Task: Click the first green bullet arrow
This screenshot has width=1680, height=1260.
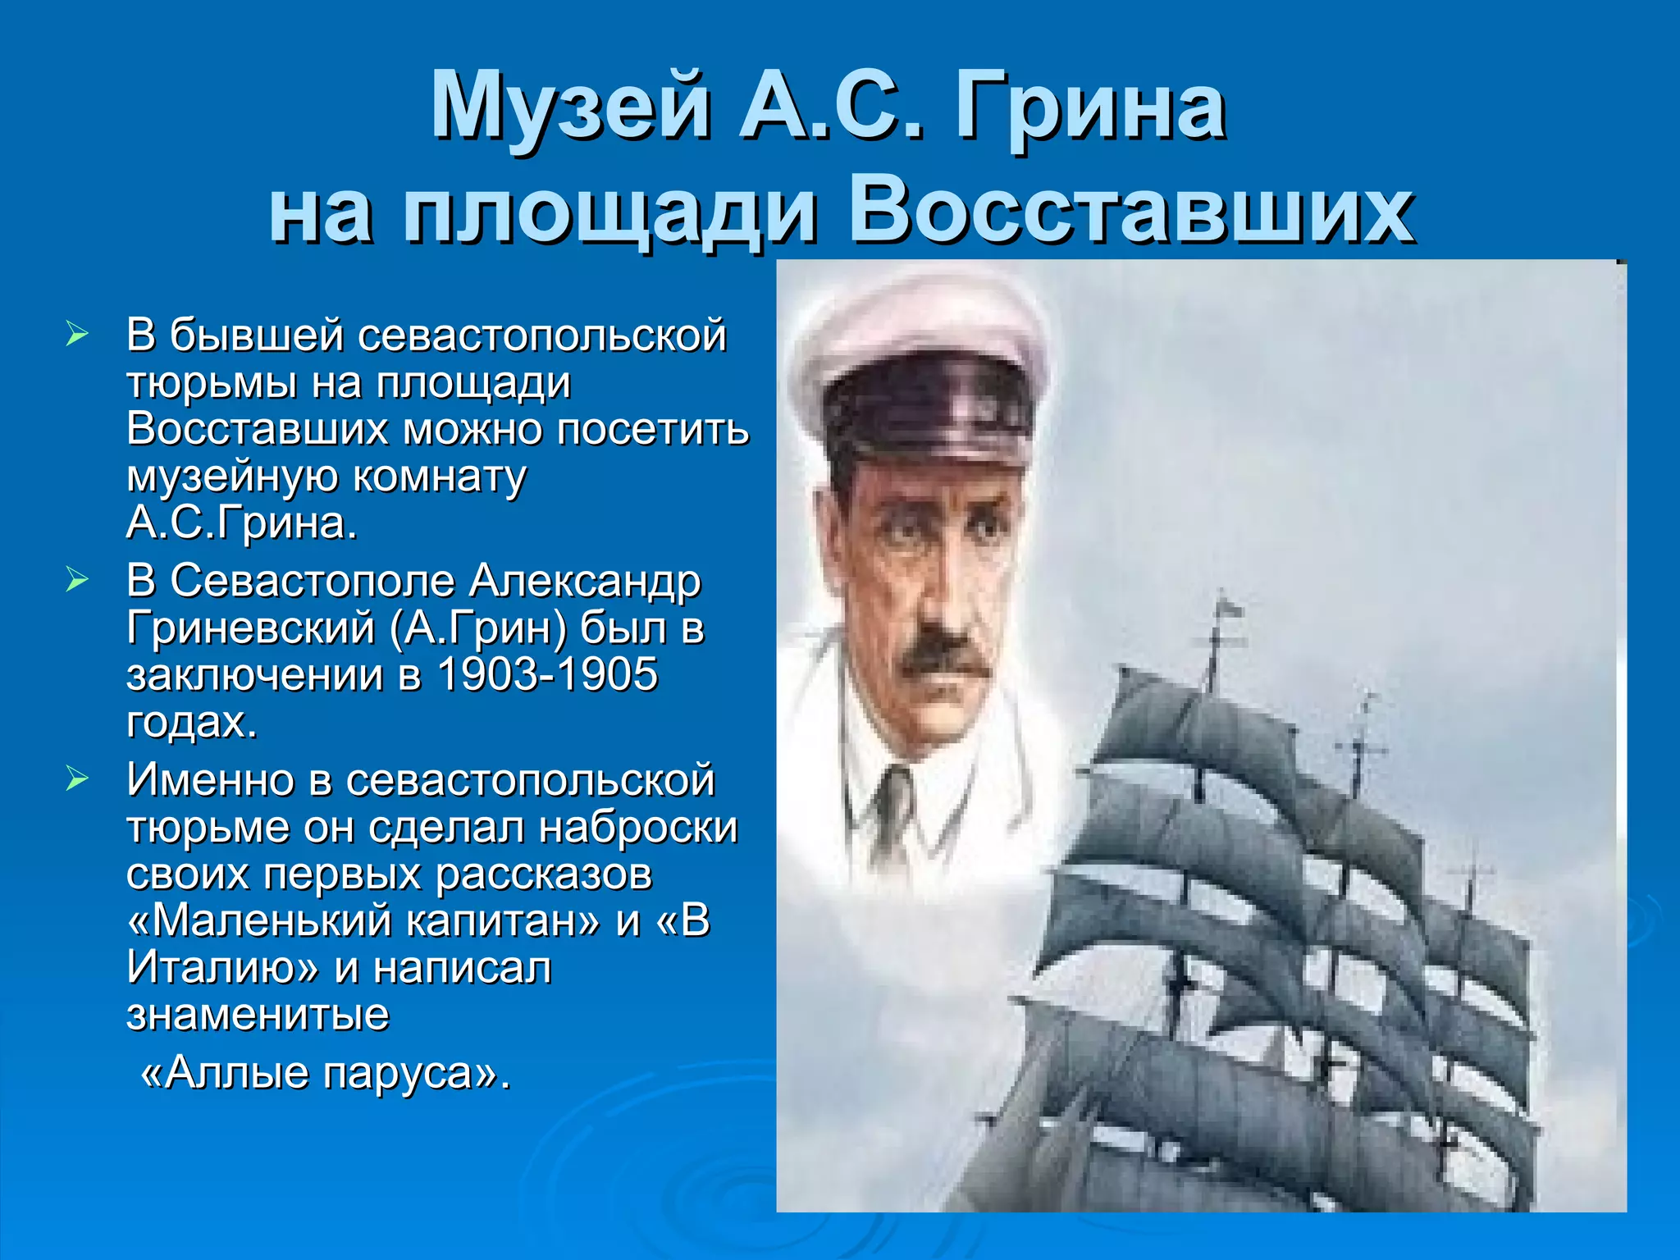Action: point(76,334)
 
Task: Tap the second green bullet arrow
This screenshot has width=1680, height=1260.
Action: point(76,580)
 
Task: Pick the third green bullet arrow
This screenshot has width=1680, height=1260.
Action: point(76,778)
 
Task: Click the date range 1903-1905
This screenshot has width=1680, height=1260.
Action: point(547,674)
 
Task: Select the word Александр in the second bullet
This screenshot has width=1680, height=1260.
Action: point(585,581)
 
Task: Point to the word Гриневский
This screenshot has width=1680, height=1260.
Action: point(250,628)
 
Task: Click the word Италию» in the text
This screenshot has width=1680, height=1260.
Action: point(221,968)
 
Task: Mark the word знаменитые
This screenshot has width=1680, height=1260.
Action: point(258,1015)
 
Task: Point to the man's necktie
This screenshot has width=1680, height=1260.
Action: point(892,808)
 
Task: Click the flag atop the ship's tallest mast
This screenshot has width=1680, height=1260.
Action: point(1231,608)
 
